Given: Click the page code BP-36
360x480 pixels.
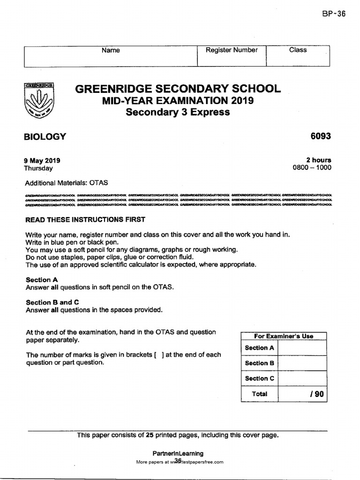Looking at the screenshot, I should click(334, 14).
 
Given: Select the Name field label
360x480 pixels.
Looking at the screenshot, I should click(111, 50).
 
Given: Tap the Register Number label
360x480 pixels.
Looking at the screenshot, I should click(232, 50).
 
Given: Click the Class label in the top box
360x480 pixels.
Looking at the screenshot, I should click(298, 50).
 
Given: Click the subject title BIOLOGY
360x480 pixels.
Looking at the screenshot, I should click(45, 137).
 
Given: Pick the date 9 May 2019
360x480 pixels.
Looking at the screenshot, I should click(42, 160).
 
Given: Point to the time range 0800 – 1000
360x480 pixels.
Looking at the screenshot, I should click(312, 168).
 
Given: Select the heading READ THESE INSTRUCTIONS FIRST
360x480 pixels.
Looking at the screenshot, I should click(85, 219).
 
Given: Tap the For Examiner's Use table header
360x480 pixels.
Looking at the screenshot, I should click(283, 336).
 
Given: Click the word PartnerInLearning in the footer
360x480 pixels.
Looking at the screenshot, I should click(178, 453).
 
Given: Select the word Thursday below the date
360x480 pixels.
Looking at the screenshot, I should click(38, 168).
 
